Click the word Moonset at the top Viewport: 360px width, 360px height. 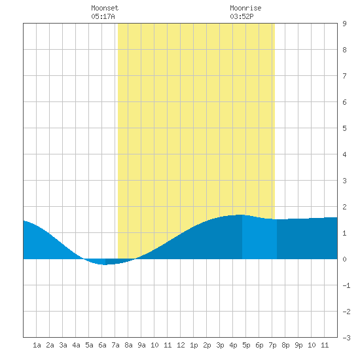(x=105, y=8)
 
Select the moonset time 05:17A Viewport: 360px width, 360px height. (x=103, y=16)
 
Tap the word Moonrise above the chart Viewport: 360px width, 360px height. (x=245, y=8)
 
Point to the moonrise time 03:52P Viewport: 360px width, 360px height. (x=242, y=16)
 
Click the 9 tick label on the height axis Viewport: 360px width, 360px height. (x=344, y=24)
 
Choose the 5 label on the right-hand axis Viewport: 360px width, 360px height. (x=344, y=128)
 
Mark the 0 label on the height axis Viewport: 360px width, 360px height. (x=344, y=259)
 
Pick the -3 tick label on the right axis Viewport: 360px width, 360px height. (x=346, y=338)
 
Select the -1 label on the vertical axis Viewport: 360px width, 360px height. (x=346, y=285)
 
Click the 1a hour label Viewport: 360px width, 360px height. (x=37, y=345)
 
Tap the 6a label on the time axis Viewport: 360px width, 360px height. (x=102, y=345)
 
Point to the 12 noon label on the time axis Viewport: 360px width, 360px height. (x=181, y=345)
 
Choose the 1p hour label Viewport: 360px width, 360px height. (x=194, y=345)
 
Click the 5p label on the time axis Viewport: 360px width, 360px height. (x=246, y=345)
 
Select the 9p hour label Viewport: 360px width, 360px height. (x=298, y=345)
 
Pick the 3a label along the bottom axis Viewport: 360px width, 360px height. (x=63, y=345)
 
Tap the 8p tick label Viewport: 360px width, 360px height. (x=285, y=345)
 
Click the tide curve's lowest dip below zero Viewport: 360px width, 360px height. (x=105, y=264)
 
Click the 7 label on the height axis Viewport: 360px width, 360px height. (x=344, y=76)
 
